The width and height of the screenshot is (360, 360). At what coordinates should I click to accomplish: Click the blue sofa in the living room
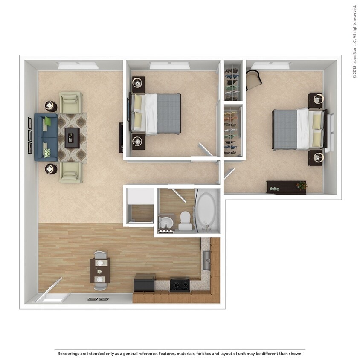click(x=45, y=137)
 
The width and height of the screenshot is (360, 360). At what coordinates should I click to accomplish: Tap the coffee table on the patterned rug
click(x=72, y=137)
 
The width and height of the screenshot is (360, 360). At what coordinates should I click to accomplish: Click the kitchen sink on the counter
click(x=206, y=260)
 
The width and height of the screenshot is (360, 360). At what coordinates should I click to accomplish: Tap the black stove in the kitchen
click(x=180, y=284)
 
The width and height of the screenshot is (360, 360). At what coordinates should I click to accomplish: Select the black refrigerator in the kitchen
click(x=144, y=283)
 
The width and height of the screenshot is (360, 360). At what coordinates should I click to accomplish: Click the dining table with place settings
click(x=100, y=270)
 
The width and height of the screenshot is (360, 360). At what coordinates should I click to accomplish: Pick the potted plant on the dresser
click(x=302, y=186)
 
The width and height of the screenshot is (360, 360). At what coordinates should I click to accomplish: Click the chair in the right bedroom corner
click(x=253, y=79)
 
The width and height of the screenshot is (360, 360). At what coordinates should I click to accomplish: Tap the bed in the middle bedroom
click(x=156, y=113)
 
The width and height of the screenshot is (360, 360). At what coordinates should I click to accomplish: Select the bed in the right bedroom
click(x=299, y=129)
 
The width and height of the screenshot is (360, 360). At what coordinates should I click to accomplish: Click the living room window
click(x=78, y=66)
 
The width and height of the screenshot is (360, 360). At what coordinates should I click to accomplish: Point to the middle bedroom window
click(x=169, y=65)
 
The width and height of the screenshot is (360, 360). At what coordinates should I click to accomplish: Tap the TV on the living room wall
click(x=121, y=137)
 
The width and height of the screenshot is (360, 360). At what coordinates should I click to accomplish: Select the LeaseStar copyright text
click(x=354, y=41)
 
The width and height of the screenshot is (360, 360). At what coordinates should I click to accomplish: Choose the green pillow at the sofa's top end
click(x=48, y=122)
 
